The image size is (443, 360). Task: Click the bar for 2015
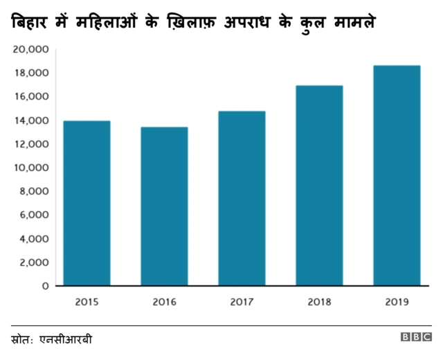pyautogui.click(x=87, y=204)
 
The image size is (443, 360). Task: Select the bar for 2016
pyautogui.click(x=164, y=206)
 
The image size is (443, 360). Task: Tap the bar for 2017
pyautogui.click(x=242, y=199)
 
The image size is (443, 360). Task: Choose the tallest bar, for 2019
pyautogui.click(x=397, y=176)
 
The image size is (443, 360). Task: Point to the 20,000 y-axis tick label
pyautogui.click(x=31, y=50)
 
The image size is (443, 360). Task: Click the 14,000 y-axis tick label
pyautogui.click(x=31, y=120)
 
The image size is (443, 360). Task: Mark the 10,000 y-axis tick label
pyautogui.click(x=31, y=168)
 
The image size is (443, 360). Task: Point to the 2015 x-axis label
pyautogui.click(x=87, y=302)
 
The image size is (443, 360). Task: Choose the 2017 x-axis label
pyautogui.click(x=242, y=302)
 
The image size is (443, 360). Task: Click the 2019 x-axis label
pyautogui.click(x=397, y=302)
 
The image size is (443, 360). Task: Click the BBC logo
pyautogui.click(x=416, y=338)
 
